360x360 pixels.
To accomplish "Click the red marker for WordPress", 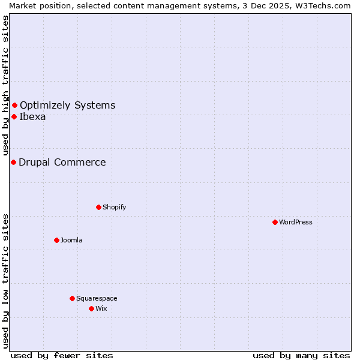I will (x=275, y=222).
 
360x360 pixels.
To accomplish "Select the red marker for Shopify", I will (x=98, y=207).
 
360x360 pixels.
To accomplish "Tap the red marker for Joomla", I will (x=56, y=240).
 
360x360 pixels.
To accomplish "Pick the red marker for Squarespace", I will (x=72, y=298).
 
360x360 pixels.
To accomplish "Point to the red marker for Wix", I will (x=91, y=308).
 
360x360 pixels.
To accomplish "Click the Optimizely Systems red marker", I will (x=14, y=106).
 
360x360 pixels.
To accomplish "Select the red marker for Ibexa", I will (x=14, y=116).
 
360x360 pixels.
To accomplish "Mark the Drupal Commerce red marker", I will (x=13, y=162).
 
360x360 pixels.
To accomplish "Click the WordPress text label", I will (x=296, y=222).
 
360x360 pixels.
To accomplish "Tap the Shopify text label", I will (x=114, y=207).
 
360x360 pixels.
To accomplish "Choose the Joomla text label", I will (x=71, y=240).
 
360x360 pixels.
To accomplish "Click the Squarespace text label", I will (x=97, y=298).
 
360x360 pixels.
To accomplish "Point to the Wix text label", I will (x=101, y=308).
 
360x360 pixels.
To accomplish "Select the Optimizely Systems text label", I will (x=67, y=106).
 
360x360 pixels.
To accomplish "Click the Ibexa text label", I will (x=32, y=116).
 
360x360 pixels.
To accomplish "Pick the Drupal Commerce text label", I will (x=62, y=162).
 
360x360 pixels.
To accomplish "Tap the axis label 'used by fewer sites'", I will (x=62, y=355).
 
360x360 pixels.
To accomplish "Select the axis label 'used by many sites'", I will (x=301, y=355).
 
